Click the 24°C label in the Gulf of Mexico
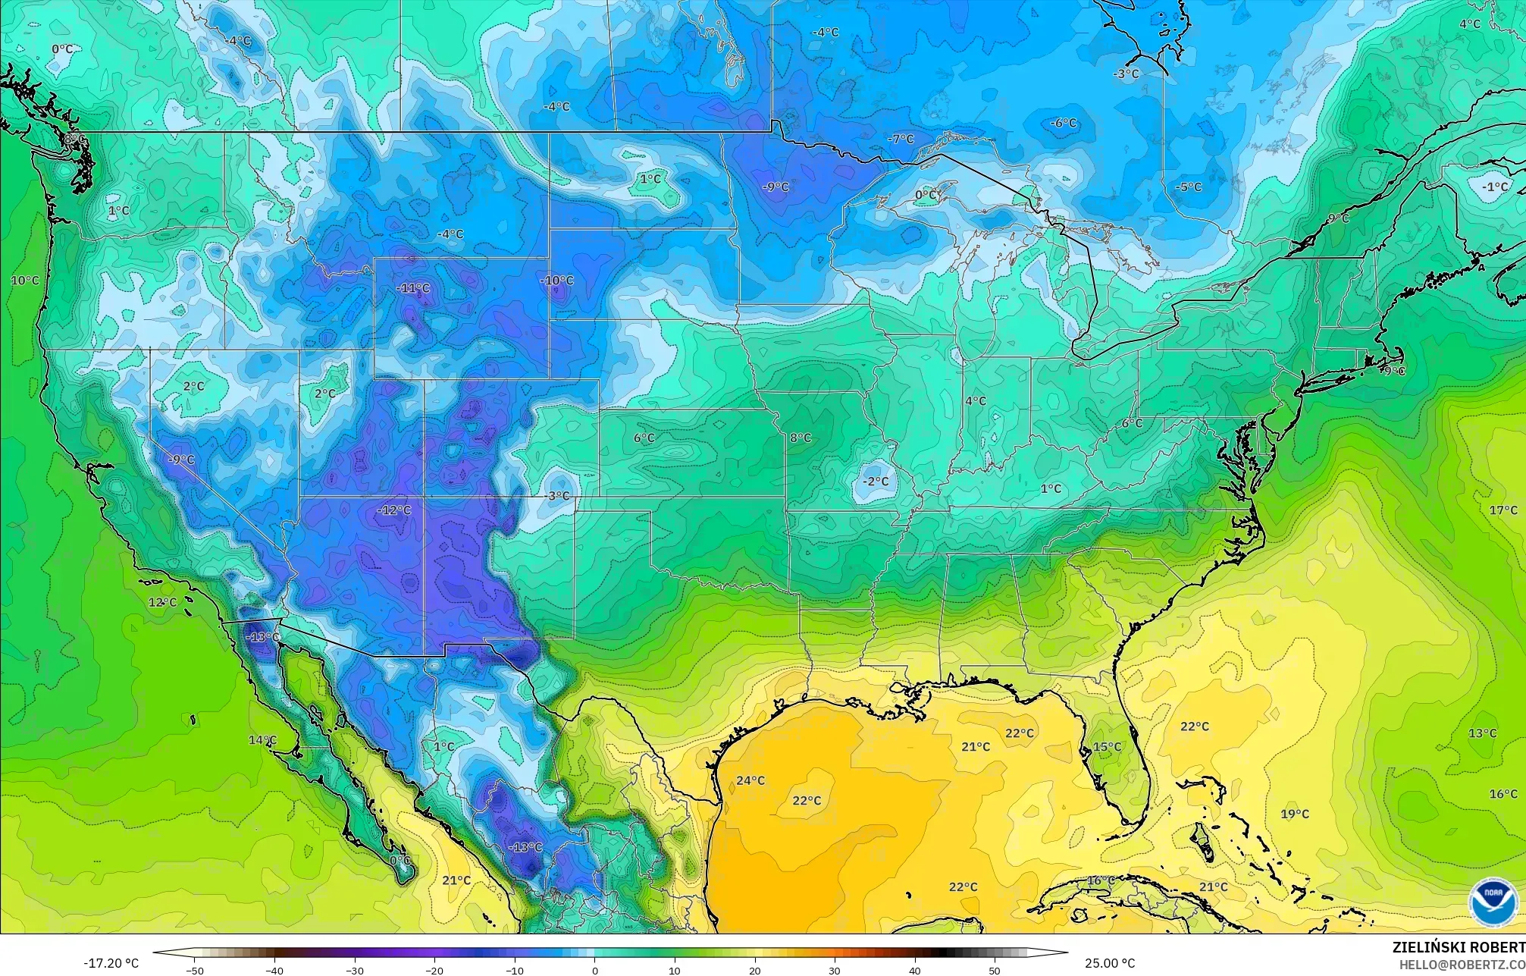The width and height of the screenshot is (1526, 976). [750, 780]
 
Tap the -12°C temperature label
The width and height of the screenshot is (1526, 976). [394, 510]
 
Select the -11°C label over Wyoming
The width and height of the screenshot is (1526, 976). [413, 288]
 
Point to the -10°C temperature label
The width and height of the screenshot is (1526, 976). [557, 281]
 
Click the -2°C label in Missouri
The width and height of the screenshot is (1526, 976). [876, 482]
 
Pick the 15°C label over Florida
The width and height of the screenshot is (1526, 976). [1107, 747]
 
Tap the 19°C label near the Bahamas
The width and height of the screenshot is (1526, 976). [1295, 814]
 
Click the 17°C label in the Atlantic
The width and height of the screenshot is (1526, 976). [1503, 510]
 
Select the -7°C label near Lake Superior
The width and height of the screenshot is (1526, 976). [901, 140]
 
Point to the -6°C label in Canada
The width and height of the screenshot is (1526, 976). [1064, 123]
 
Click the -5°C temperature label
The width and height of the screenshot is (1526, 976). [1189, 187]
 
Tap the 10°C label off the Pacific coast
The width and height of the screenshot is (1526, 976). [25, 281]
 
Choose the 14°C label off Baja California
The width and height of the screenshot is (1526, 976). [262, 740]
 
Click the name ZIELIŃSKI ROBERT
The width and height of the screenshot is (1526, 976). [1459, 946]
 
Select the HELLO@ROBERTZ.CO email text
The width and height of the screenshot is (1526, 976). [1462, 965]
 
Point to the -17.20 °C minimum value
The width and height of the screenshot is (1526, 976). [111, 964]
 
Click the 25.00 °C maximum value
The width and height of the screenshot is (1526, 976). [1110, 964]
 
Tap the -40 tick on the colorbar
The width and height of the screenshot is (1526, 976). [274, 971]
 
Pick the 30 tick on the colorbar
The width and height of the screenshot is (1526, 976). [835, 971]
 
